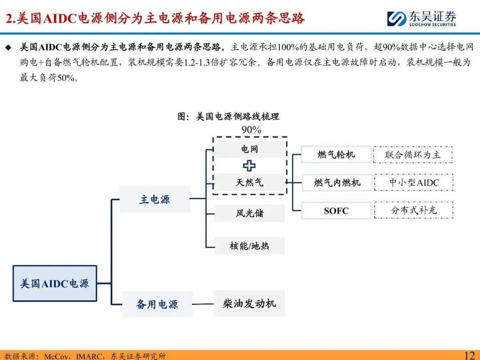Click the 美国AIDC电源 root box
click(x=55, y=283)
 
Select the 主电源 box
click(x=155, y=200)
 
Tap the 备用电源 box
click(x=157, y=304)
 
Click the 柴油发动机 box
click(x=249, y=304)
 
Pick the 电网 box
click(x=249, y=149)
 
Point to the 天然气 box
click(x=249, y=182)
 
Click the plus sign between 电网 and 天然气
click(x=249, y=166)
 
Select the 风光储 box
click(x=249, y=213)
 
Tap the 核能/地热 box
click(x=249, y=245)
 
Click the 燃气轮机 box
click(x=336, y=155)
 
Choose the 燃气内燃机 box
click(x=337, y=182)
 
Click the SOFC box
click(x=336, y=211)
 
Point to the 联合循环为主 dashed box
click(x=413, y=155)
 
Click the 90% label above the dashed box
click(x=251, y=130)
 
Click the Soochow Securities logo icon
click(x=396, y=19)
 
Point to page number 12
click(x=470, y=355)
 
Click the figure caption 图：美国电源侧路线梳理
click(x=228, y=116)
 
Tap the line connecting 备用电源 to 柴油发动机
click(x=203, y=304)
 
